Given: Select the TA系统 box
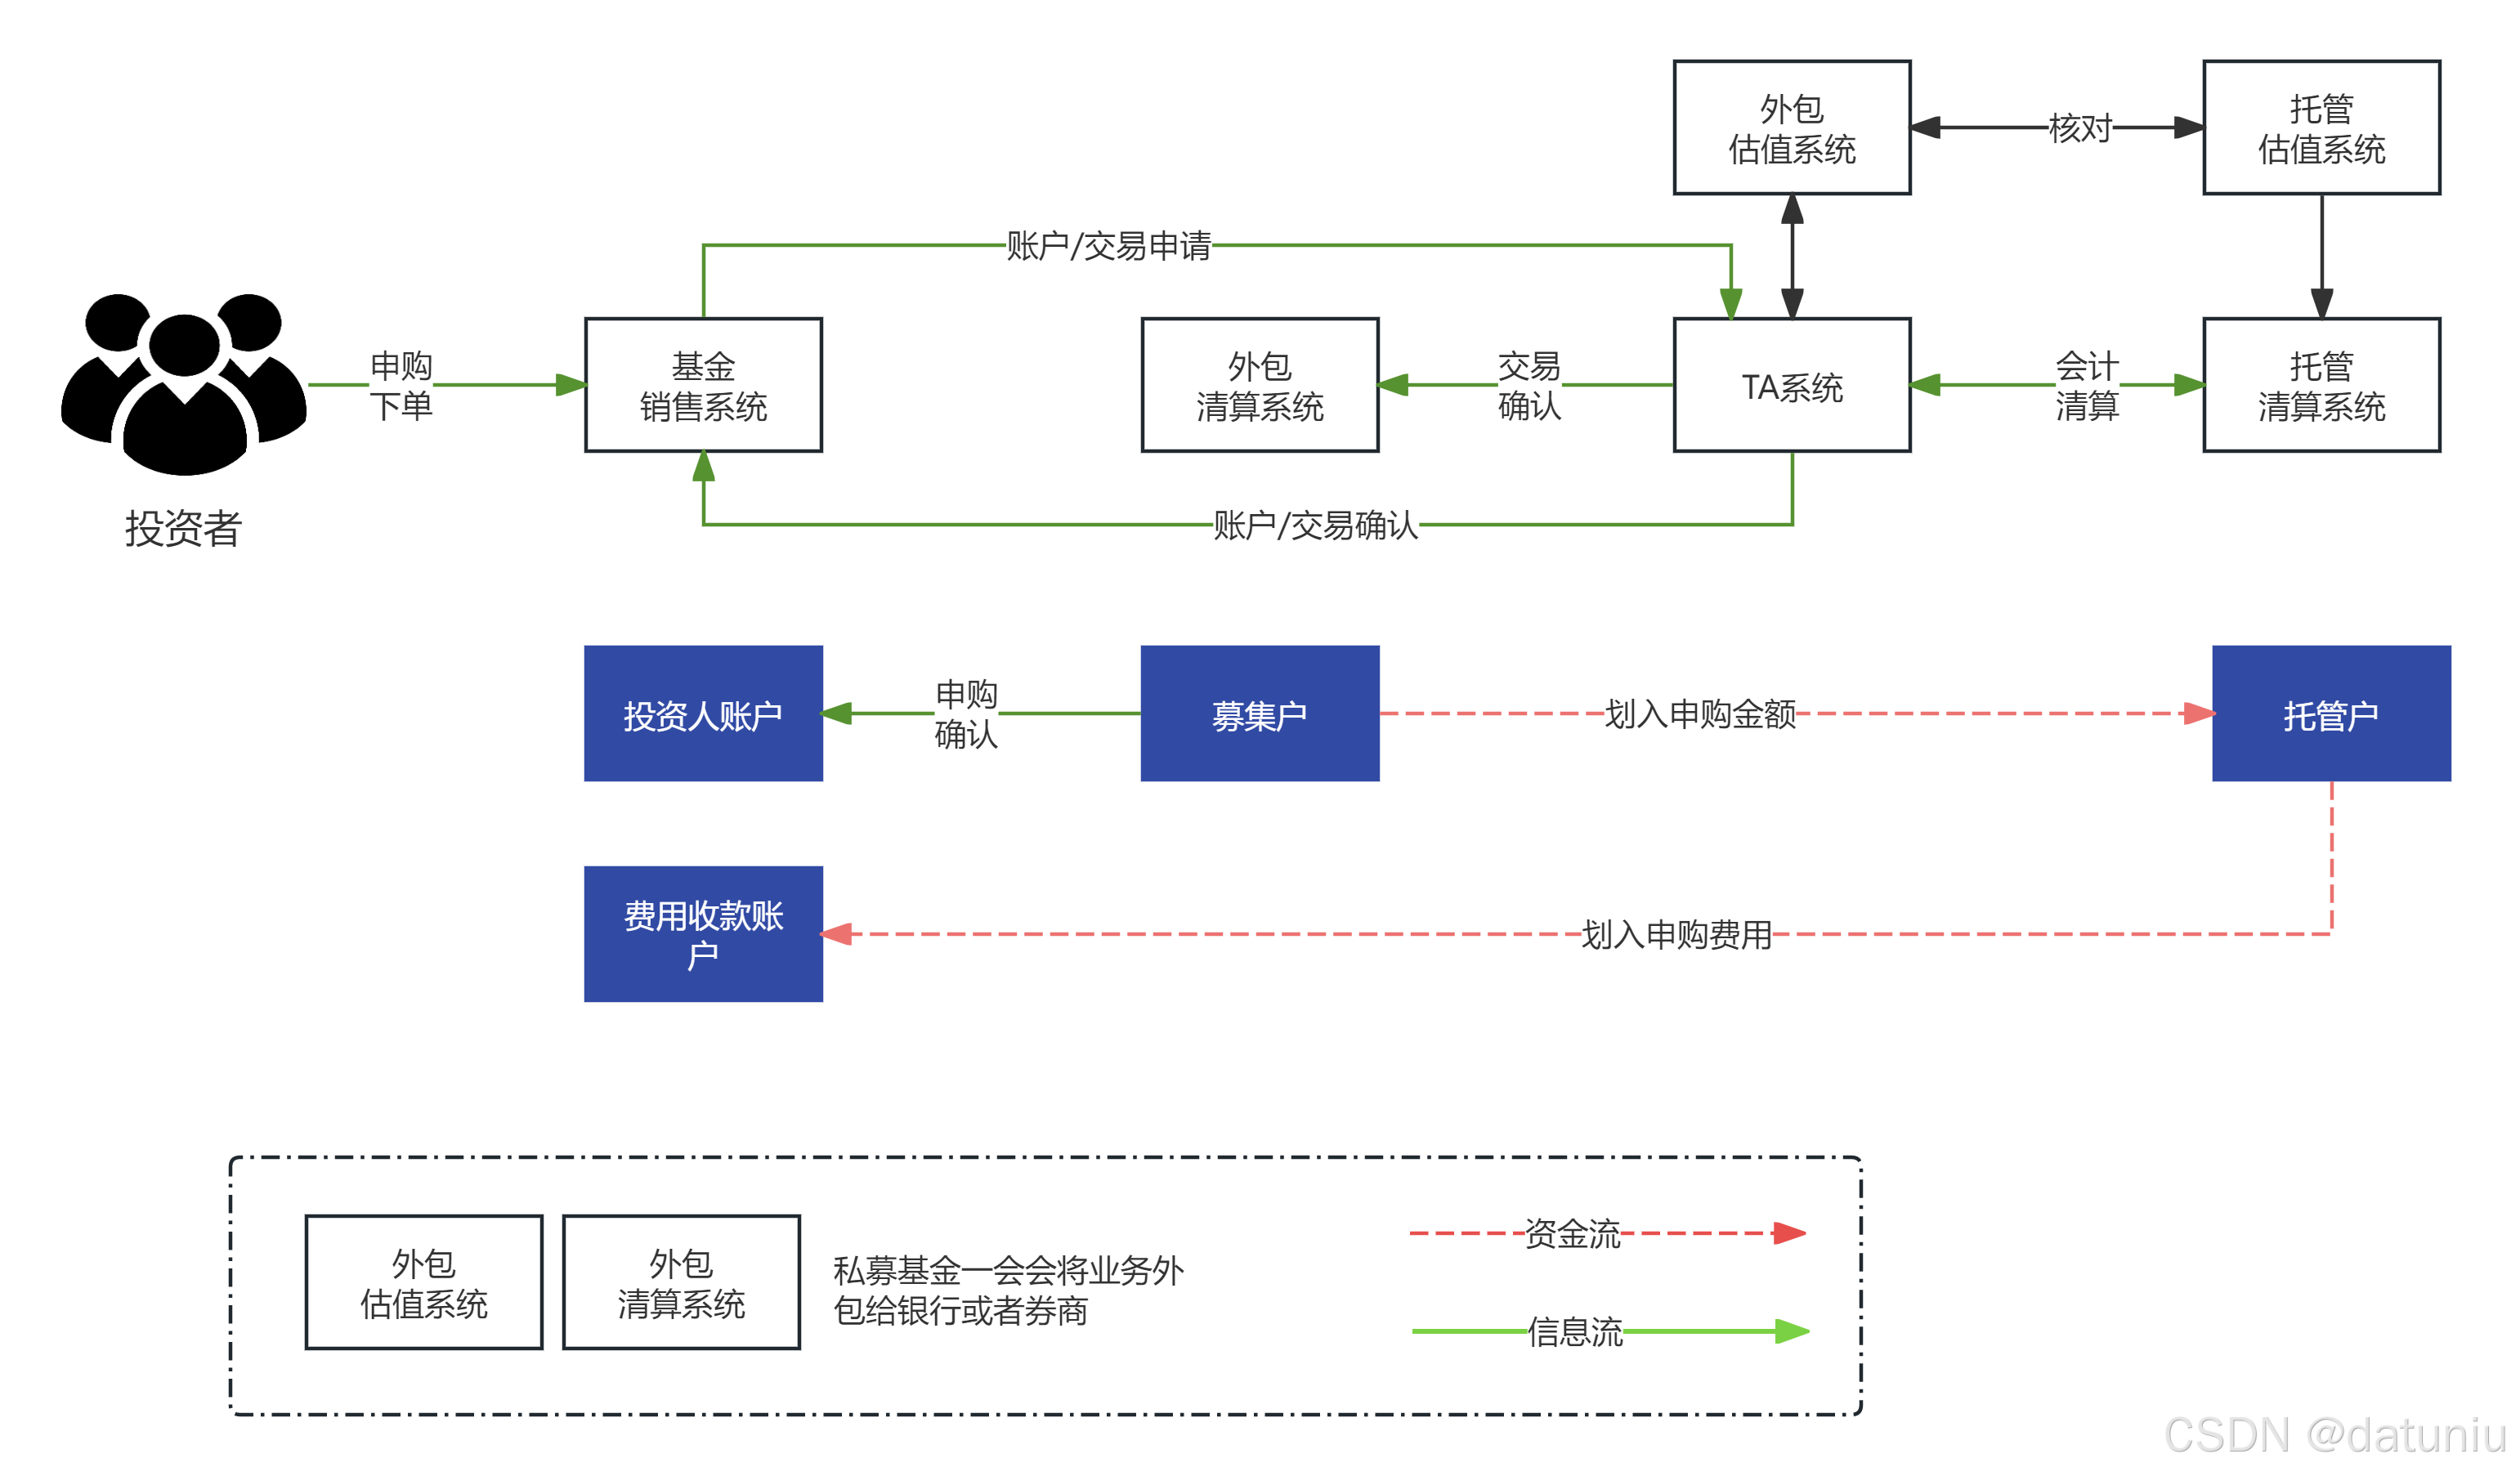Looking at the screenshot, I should coord(1792,386).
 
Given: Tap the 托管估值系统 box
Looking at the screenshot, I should coord(2321,127).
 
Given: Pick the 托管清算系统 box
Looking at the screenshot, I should coord(2321,386).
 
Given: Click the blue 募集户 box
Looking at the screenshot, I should coord(1260,713).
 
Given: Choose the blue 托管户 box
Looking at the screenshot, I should coord(2330,713).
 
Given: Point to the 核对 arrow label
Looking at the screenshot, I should coord(2079,127).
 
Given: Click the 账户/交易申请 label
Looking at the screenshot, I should coord(1108,245).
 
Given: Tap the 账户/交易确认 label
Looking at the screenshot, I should coord(1315,524).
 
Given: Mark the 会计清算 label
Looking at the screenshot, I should coord(2087,386).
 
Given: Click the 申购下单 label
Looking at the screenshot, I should coord(401,386).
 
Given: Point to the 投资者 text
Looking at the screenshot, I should coord(183,528).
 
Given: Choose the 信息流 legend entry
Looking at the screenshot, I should coord(1574,1331).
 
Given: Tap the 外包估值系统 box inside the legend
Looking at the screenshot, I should coord(423,1282).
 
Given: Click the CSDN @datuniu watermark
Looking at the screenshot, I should coord(2332,1434).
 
